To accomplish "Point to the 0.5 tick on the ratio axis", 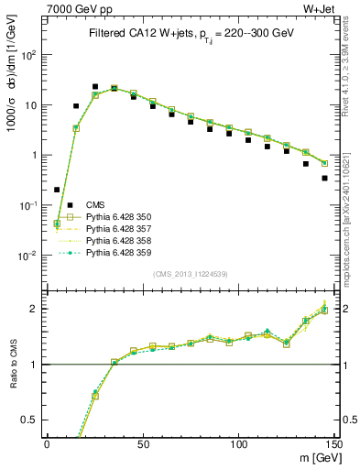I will tap(33, 420).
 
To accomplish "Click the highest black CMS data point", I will tap(94, 87).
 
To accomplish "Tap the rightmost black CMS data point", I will tap(324, 179).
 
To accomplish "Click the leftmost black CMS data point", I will tap(57, 190).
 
